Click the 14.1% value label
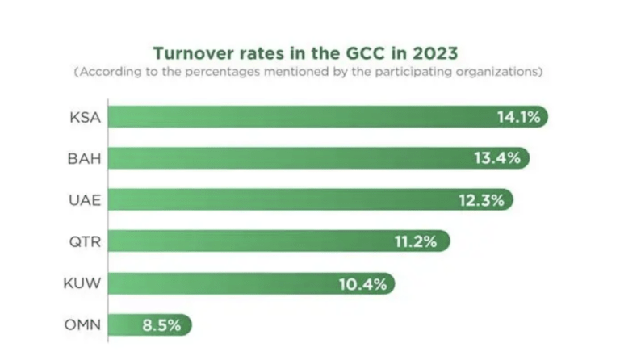point(517,117)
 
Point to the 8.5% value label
point(162,325)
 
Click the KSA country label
point(85,117)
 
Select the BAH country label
point(84,158)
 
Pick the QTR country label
point(85,241)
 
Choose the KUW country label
point(82,283)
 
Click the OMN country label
point(82,325)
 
